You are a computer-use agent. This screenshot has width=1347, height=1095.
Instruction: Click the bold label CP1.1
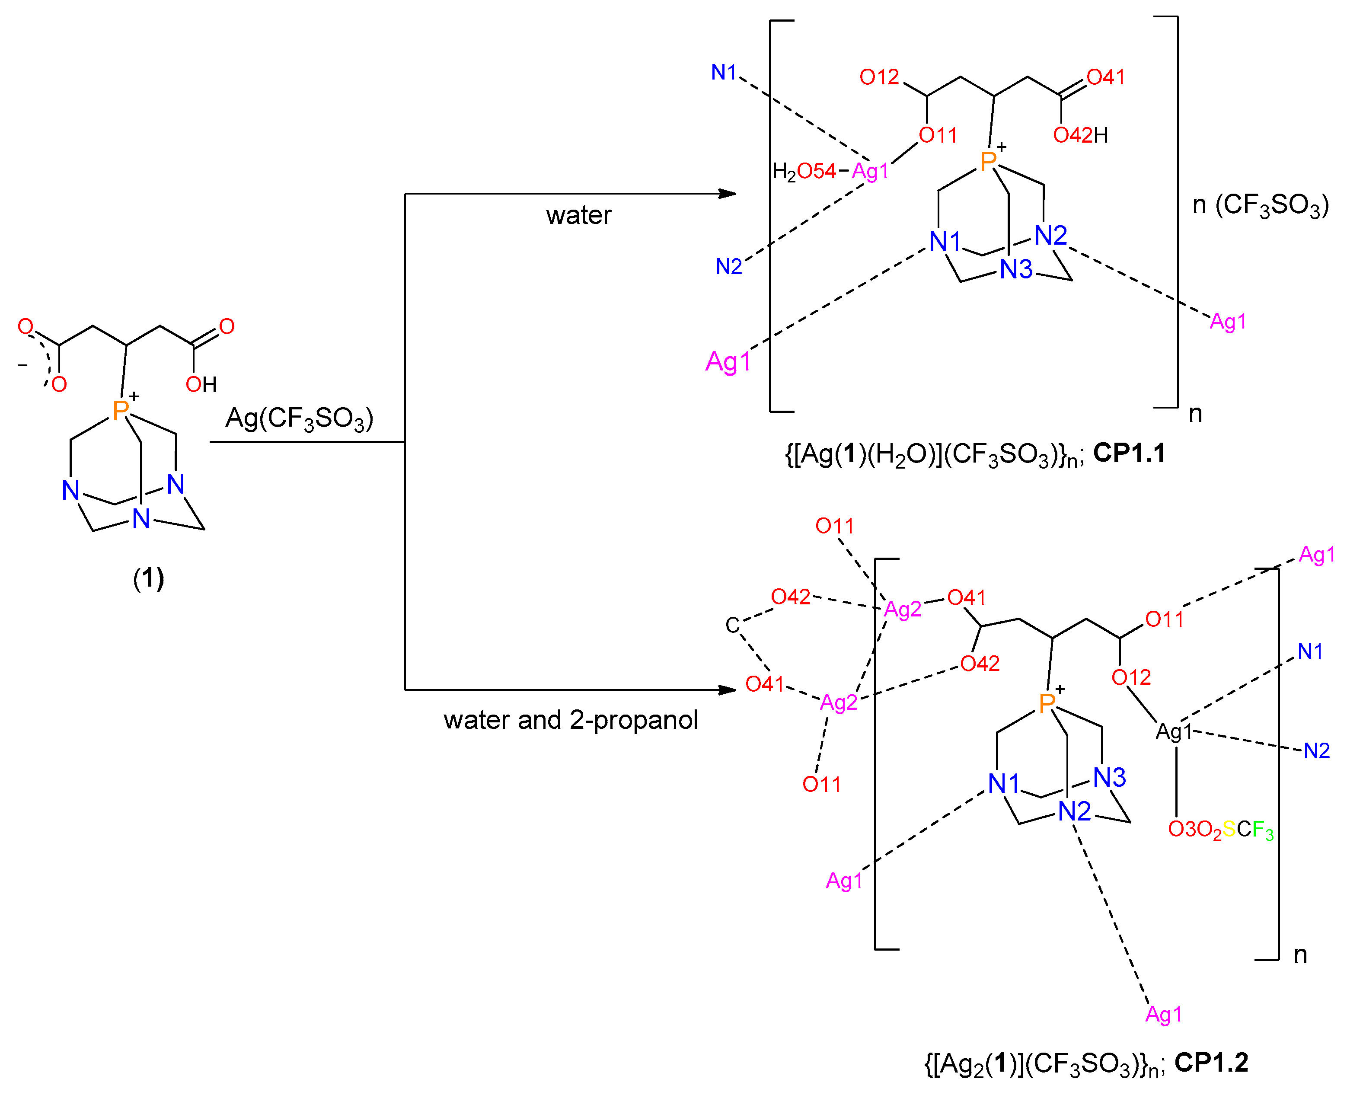pyautogui.click(x=1129, y=453)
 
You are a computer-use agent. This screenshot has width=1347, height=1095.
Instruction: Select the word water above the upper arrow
pyautogui.click(x=578, y=216)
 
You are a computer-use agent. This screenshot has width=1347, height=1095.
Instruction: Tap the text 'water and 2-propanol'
pyautogui.click(x=570, y=720)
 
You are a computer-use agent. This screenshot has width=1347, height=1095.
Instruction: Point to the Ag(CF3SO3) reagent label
pyautogui.click(x=300, y=418)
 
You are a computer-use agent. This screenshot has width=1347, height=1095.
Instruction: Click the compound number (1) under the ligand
pyautogui.click(x=148, y=578)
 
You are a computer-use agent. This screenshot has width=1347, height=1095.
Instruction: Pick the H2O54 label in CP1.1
pyautogui.click(x=804, y=171)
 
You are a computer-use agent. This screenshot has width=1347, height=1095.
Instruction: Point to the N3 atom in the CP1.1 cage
pyautogui.click(x=1016, y=269)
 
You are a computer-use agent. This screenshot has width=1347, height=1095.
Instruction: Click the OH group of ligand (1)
pyautogui.click(x=201, y=384)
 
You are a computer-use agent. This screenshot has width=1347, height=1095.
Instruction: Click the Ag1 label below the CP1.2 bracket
pyautogui.click(x=1163, y=1014)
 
